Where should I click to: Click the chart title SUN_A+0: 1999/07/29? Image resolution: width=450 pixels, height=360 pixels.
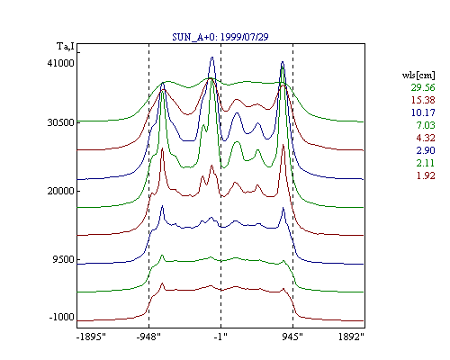(220, 37)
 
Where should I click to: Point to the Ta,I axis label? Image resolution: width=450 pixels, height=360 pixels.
(66, 46)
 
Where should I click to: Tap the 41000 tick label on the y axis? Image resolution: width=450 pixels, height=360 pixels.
(60, 63)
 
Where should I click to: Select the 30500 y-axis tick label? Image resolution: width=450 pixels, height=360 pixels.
(60, 122)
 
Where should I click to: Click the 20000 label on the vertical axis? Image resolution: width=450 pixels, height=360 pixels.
(60, 191)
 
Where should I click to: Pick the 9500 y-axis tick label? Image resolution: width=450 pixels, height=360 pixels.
(63, 259)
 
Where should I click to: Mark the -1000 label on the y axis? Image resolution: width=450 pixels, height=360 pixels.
(61, 317)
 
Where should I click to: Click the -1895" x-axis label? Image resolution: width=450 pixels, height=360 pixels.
(92, 337)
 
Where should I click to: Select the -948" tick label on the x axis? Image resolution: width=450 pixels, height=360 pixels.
(148, 337)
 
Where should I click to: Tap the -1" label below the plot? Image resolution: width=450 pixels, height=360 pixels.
(220, 337)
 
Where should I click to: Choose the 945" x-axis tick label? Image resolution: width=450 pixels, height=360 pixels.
(292, 337)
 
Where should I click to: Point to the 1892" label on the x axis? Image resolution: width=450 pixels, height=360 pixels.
(351, 337)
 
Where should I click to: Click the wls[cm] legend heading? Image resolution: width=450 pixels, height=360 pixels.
(418, 75)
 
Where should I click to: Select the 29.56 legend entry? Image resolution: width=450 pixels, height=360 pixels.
(423, 87)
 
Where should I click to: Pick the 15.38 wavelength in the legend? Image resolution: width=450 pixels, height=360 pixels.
(423, 100)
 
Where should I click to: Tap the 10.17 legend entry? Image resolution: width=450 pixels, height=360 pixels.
(423, 112)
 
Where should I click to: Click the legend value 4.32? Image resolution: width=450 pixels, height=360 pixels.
(426, 138)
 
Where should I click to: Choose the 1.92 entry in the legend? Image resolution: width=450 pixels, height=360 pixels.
(426, 175)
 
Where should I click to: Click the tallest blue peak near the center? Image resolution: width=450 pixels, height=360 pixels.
(212, 58)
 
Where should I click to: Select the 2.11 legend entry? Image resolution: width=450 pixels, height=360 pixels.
(426, 163)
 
